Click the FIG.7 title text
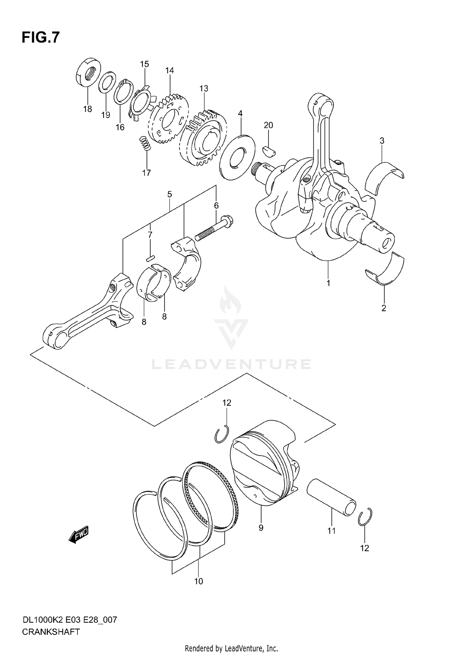(40, 38)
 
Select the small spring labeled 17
(144, 143)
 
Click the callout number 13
(204, 89)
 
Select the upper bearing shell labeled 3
(384, 177)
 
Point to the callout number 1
(328, 283)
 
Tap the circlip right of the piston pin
(365, 516)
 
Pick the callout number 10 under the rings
(198, 581)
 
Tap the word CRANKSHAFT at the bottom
(51, 631)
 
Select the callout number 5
(169, 194)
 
